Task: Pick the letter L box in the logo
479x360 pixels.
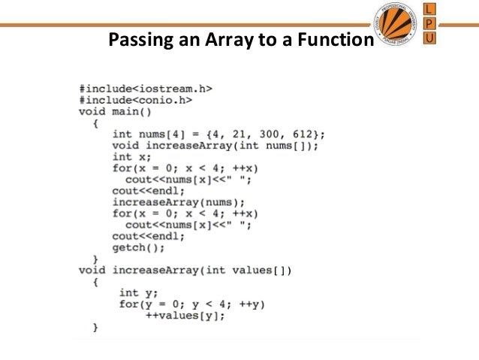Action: point(429,8)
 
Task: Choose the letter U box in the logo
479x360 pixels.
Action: point(429,38)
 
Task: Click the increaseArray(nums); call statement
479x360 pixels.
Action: point(178,203)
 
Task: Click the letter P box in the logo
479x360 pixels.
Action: point(429,23)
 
